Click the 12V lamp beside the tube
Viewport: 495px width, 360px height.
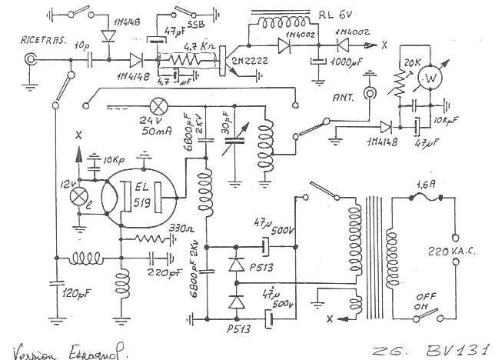click(x=77, y=196)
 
